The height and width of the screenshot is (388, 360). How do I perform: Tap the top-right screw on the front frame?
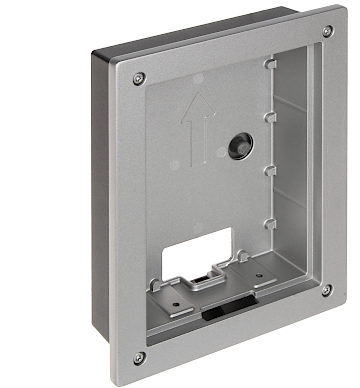click(x=327, y=32)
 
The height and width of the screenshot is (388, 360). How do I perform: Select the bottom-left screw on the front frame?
click(x=138, y=357)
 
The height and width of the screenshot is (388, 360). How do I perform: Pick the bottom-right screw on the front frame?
click(x=327, y=291)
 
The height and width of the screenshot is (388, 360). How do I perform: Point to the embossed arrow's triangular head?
click(x=195, y=106)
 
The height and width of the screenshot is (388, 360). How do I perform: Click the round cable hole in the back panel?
click(x=241, y=145)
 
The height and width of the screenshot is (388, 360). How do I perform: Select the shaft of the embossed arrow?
click(x=197, y=140)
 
